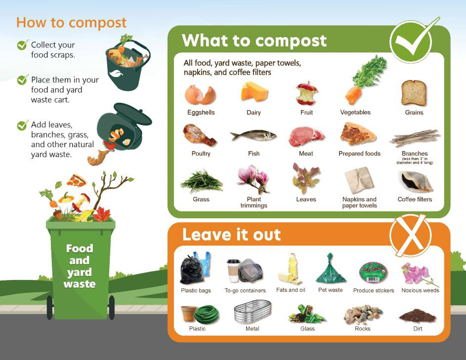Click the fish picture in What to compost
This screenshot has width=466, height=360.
(x=254, y=135)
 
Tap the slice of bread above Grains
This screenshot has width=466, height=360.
(x=414, y=93)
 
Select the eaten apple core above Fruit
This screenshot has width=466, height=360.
(x=306, y=93)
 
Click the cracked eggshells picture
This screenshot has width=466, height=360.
(x=200, y=94)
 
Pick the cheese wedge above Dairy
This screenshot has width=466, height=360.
(x=254, y=92)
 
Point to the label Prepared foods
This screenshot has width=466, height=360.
(x=359, y=154)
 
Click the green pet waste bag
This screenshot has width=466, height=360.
(x=331, y=270)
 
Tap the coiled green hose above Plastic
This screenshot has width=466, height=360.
(x=206, y=314)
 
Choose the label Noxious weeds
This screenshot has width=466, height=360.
(x=420, y=290)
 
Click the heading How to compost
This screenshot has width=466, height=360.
(x=71, y=23)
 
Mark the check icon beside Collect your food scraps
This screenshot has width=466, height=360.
(x=22, y=45)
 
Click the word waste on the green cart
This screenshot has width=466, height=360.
(x=80, y=284)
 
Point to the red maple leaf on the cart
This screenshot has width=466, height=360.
(x=102, y=214)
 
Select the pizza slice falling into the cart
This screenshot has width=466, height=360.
(x=77, y=180)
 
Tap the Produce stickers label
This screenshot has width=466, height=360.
(x=374, y=290)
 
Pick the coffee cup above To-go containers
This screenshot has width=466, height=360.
(x=233, y=271)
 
